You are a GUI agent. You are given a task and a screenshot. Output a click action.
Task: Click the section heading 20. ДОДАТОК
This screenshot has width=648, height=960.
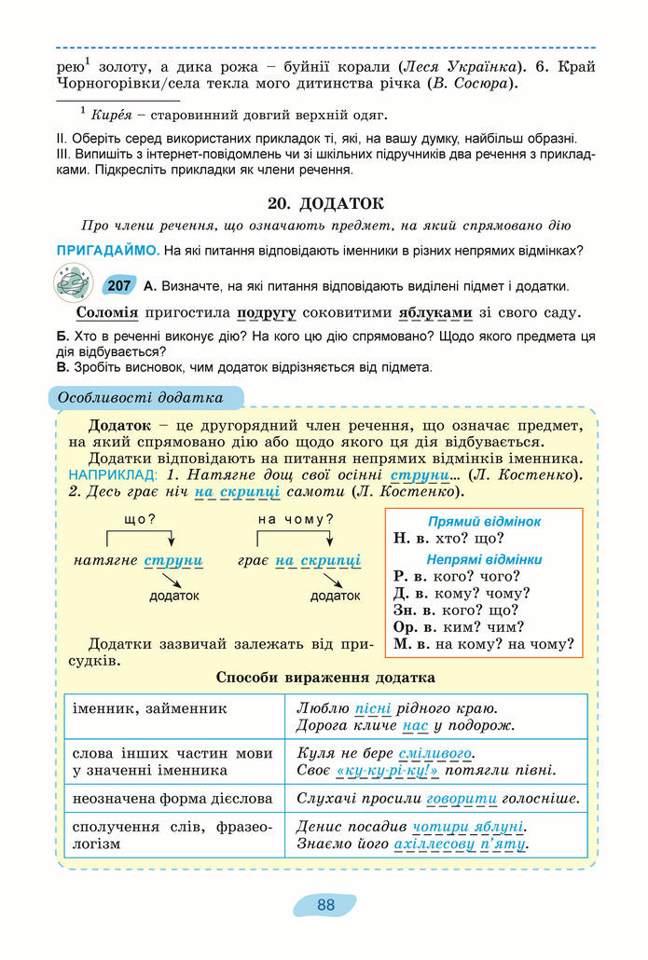tap(324, 204)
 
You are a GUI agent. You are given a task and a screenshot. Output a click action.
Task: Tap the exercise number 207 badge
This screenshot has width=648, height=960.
tap(118, 286)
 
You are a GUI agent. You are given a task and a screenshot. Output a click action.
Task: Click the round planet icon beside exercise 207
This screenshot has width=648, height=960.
tap(75, 281)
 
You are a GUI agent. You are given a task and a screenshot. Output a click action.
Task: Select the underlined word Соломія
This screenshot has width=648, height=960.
tap(107, 313)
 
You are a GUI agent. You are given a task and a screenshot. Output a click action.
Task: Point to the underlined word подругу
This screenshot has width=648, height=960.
tap(267, 313)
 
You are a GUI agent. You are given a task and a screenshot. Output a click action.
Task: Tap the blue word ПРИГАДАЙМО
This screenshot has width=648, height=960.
tap(106, 251)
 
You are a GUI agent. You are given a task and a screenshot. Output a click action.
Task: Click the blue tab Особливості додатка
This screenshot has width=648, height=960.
tap(141, 398)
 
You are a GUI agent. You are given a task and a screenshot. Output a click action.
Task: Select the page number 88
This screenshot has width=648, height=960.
tap(325, 904)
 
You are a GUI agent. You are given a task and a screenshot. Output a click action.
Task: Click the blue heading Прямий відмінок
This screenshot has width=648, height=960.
tap(484, 522)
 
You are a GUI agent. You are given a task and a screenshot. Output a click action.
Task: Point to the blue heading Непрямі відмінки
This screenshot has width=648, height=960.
tap(484, 559)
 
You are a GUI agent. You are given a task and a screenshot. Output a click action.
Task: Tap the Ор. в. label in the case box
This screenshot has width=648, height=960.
tap(411, 626)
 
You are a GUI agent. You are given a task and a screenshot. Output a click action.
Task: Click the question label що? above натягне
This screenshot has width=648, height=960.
tap(139, 519)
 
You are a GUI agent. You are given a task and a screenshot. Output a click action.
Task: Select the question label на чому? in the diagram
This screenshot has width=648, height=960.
tap(296, 519)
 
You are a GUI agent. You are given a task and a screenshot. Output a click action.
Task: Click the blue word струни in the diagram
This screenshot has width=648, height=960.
tap(174, 560)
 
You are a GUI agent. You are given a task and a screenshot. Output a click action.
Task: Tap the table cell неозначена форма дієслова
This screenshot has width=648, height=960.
tap(172, 799)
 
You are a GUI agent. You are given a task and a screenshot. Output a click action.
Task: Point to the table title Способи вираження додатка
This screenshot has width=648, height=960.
tap(325, 678)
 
